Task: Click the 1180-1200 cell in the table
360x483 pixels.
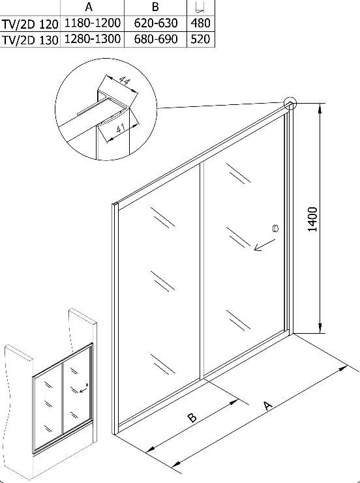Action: click(x=92, y=23)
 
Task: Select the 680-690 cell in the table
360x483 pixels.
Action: click(x=156, y=39)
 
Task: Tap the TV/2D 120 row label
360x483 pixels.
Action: click(x=29, y=24)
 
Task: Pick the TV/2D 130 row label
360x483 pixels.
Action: click(x=29, y=40)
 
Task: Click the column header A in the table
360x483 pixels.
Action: click(x=89, y=7)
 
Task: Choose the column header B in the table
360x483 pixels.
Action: click(x=155, y=7)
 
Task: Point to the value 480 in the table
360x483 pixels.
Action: click(x=200, y=23)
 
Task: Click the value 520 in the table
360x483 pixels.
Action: click(x=200, y=39)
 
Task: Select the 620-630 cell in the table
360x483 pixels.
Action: click(x=156, y=23)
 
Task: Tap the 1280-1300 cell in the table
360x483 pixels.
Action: click(x=92, y=39)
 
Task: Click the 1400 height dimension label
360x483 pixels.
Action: click(x=312, y=219)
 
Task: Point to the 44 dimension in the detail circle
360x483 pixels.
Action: click(x=124, y=81)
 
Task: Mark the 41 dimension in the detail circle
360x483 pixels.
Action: click(x=121, y=128)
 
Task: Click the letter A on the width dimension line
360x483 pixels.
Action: click(x=269, y=405)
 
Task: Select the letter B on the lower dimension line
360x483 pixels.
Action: click(x=192, y=418)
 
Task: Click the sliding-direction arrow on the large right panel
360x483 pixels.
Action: click(x=264, y=245)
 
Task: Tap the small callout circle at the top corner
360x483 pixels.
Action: click(x=290, y=104)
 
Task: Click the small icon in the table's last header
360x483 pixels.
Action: click(x=200, y=7)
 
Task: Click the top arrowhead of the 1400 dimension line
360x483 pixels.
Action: click(x=321, y=107)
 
